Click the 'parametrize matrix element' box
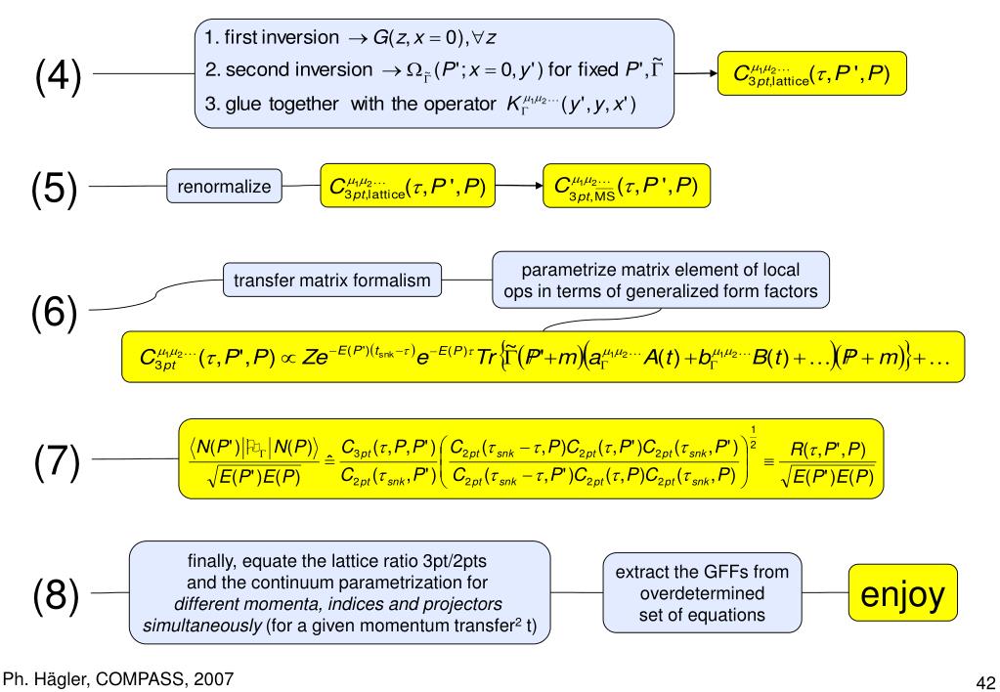click(x=662, y=281)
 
